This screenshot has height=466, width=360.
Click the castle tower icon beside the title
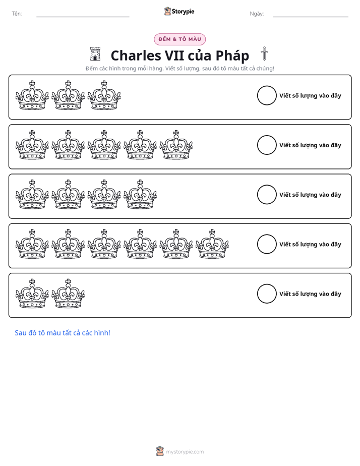pyautogui.click(x=95, y=54)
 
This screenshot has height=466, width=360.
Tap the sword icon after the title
pyautogui.click(x=264, y=54)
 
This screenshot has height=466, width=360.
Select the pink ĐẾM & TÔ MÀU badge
pyautogui.click(x=179, y=39)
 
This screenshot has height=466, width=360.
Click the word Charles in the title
pyautogui.click(x=136, y=55)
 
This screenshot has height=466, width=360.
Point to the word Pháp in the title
pyautogui.click(x=232, y=56)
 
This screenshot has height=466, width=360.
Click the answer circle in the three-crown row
pyautogui.click(x=267, y=86)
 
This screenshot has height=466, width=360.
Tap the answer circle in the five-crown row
pyautogui.click(x=267, y=136)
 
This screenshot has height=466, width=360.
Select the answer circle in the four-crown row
pyautogui.click(x=267, y=185)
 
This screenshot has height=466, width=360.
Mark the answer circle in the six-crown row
pyautogui.click(x=267, y=235)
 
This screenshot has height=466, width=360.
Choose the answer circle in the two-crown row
pyautogui.click(x=267, y=284)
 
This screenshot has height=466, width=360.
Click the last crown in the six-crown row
pyautogui.click(x=212, y=244)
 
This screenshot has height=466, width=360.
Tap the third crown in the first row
pyautogui.click(x=104, y=95)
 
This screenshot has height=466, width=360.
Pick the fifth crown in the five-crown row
pyautogui.click(x=176, y=145)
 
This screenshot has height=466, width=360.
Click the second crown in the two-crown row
pyautogui.click(x=68, y=294)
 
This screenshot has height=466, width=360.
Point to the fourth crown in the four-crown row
pyautogui.click(x=140, y=194)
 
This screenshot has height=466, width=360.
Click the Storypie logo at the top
pyautogui.click(x=179, y=11)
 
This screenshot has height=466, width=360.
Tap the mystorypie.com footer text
pyautogui.click(x=185, y=452)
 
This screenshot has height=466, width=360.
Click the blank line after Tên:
pyautogui.click(x=83, y=17)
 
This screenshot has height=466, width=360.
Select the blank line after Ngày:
pyautogui.click(x=311, y=17)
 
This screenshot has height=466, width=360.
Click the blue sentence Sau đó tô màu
pyautogui.click(x=63, y=333)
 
